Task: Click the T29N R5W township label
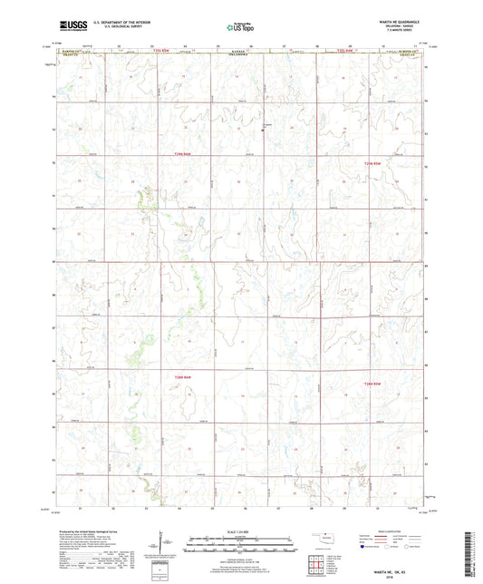386,162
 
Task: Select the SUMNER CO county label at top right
411,54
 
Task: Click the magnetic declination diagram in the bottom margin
169,547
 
